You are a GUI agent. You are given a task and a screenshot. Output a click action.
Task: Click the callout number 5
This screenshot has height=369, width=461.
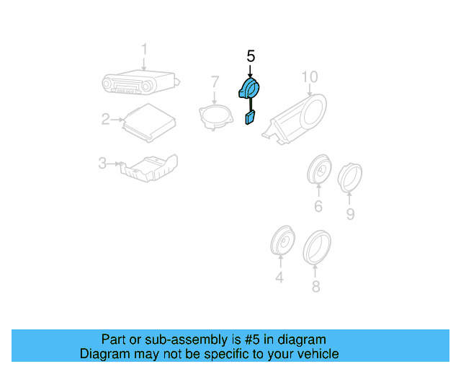pos(251,55)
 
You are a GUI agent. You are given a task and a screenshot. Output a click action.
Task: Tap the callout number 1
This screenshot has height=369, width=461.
pos(144,49)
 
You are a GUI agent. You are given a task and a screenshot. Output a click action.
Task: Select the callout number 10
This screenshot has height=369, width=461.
pos(309,76)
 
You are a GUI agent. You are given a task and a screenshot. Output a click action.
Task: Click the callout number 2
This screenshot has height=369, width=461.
pos(105,119)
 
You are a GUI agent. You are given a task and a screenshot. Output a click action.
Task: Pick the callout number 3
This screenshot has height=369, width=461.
pos(102,164)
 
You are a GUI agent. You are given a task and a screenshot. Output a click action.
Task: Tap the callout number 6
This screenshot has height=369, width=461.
pos(318,208)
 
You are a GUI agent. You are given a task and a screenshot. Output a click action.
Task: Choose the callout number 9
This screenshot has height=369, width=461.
pos(350,214)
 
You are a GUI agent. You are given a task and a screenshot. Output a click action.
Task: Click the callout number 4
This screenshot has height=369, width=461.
pos(279,277)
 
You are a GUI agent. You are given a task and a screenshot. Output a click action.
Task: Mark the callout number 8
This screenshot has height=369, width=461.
pos(315,287)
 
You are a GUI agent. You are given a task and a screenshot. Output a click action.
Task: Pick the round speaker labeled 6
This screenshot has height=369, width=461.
pos(318,172)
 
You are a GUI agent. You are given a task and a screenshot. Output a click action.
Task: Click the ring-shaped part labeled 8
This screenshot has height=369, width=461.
pos(316,245)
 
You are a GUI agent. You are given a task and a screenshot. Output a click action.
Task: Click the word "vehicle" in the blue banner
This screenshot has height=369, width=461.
pos(315,354)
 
